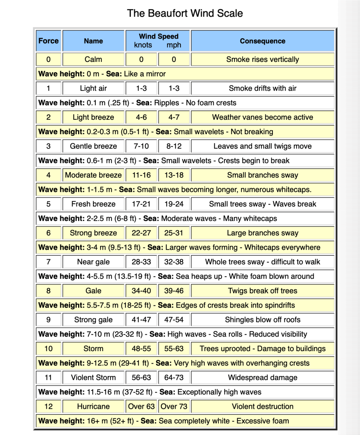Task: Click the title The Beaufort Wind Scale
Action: pos(185,13)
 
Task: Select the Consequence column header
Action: pos(262,41)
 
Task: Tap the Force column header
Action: pos(49,41)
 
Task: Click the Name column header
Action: pos(93,41)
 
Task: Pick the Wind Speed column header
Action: pos(158,37)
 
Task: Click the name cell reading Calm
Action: pos(93,59)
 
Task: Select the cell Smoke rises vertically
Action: pos(262,59)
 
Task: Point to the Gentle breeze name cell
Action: pos(93,146)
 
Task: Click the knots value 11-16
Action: pos(141,175)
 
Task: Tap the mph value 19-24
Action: pos(174,204)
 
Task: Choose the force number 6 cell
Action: pos(49,233)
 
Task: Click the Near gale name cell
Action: pos(93,262)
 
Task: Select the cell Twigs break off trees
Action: pos(262,291)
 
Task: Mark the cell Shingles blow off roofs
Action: pos(262,320)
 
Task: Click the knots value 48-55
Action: pos(141,349)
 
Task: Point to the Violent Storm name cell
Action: pos(93,377)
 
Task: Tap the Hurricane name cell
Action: pos(93,406)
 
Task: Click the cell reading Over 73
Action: pos(174,406)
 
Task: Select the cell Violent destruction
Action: pos(262,406)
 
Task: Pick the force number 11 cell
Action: pos(49,377)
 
